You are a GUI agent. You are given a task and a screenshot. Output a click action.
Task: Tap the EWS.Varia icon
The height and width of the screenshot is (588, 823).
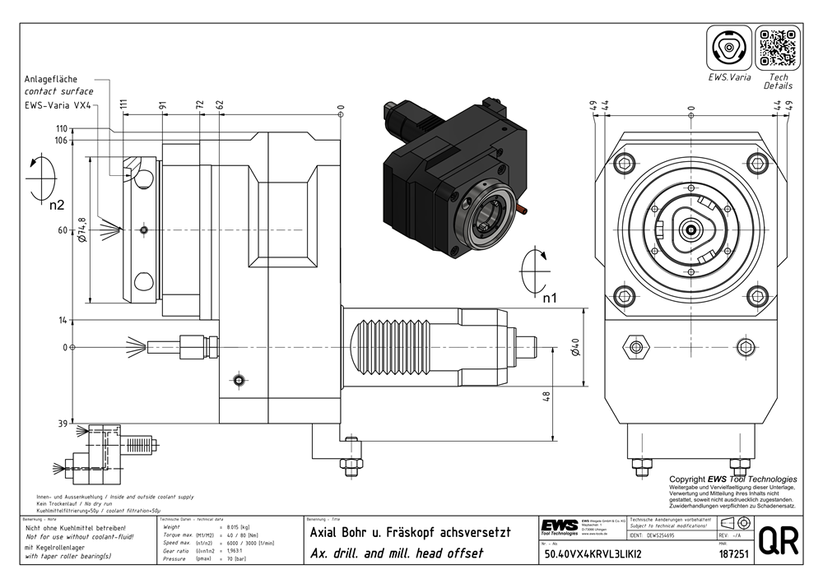click(x=729, y=49)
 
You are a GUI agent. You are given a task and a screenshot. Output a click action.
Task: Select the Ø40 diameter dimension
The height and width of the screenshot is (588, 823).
click(x=577, y=347)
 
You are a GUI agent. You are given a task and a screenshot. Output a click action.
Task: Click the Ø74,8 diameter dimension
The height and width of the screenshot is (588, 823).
click(x=82, y=230)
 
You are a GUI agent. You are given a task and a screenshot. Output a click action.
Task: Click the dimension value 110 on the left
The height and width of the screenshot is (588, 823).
click(x=62, y=129)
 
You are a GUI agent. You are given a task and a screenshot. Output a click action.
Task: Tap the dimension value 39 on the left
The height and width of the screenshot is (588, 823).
click(x=62, y=424)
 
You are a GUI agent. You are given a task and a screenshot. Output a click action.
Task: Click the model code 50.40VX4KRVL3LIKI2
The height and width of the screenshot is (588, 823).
click(x=593, y=555)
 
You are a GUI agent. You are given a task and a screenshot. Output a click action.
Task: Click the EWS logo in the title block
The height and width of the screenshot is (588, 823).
click(x=559, y=525)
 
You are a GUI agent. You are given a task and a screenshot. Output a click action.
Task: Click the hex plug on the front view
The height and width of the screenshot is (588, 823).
click(x=635, y=347)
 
